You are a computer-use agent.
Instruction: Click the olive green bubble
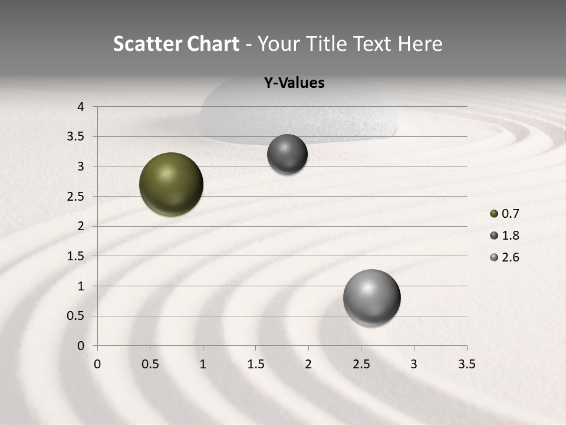(171, 184)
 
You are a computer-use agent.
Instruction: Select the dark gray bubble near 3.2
(287, 154)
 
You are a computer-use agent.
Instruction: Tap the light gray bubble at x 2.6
(371, 297)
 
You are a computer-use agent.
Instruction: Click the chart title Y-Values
(294, 83)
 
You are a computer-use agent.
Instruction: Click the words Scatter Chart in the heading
(176, 44)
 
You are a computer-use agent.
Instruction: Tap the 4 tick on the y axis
(81, 107)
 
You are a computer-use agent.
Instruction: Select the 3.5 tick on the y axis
(77, 136)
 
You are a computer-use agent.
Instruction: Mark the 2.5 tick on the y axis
(77, 196)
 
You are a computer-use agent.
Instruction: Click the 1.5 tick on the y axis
(77, 256)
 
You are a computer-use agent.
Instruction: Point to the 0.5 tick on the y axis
(77, 316)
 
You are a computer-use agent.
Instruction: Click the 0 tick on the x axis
(97, 364)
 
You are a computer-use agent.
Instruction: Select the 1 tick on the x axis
(203, 364)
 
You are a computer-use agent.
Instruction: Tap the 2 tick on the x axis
(308, 364)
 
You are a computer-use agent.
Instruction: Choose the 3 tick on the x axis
(414, 364)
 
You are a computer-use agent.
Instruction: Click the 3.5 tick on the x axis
(466, 364)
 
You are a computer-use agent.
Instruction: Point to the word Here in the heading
(420, 44)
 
